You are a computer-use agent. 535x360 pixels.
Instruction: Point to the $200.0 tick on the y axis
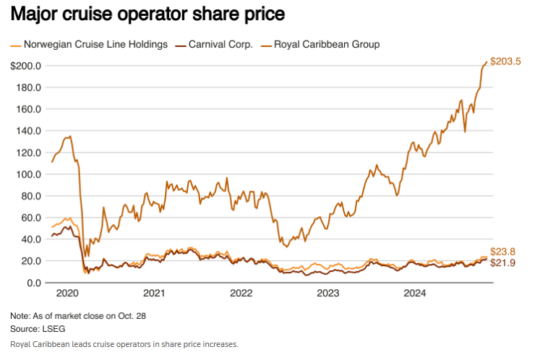25,66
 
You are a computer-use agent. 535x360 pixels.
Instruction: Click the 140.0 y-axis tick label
28,131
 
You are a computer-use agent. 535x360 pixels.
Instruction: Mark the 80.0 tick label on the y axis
30,196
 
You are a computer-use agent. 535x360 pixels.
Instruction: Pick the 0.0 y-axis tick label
33,283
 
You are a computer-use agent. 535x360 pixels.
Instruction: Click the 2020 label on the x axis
67,293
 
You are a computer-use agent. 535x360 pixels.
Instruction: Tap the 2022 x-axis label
241,293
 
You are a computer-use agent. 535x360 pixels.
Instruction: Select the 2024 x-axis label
415,293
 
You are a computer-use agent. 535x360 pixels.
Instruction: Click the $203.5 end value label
505,61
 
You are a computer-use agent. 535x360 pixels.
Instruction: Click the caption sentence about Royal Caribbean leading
124,344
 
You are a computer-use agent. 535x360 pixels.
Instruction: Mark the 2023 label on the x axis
328,293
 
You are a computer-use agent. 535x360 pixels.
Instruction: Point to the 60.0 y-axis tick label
30,218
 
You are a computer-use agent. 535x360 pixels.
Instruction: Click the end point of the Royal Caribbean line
486,62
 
